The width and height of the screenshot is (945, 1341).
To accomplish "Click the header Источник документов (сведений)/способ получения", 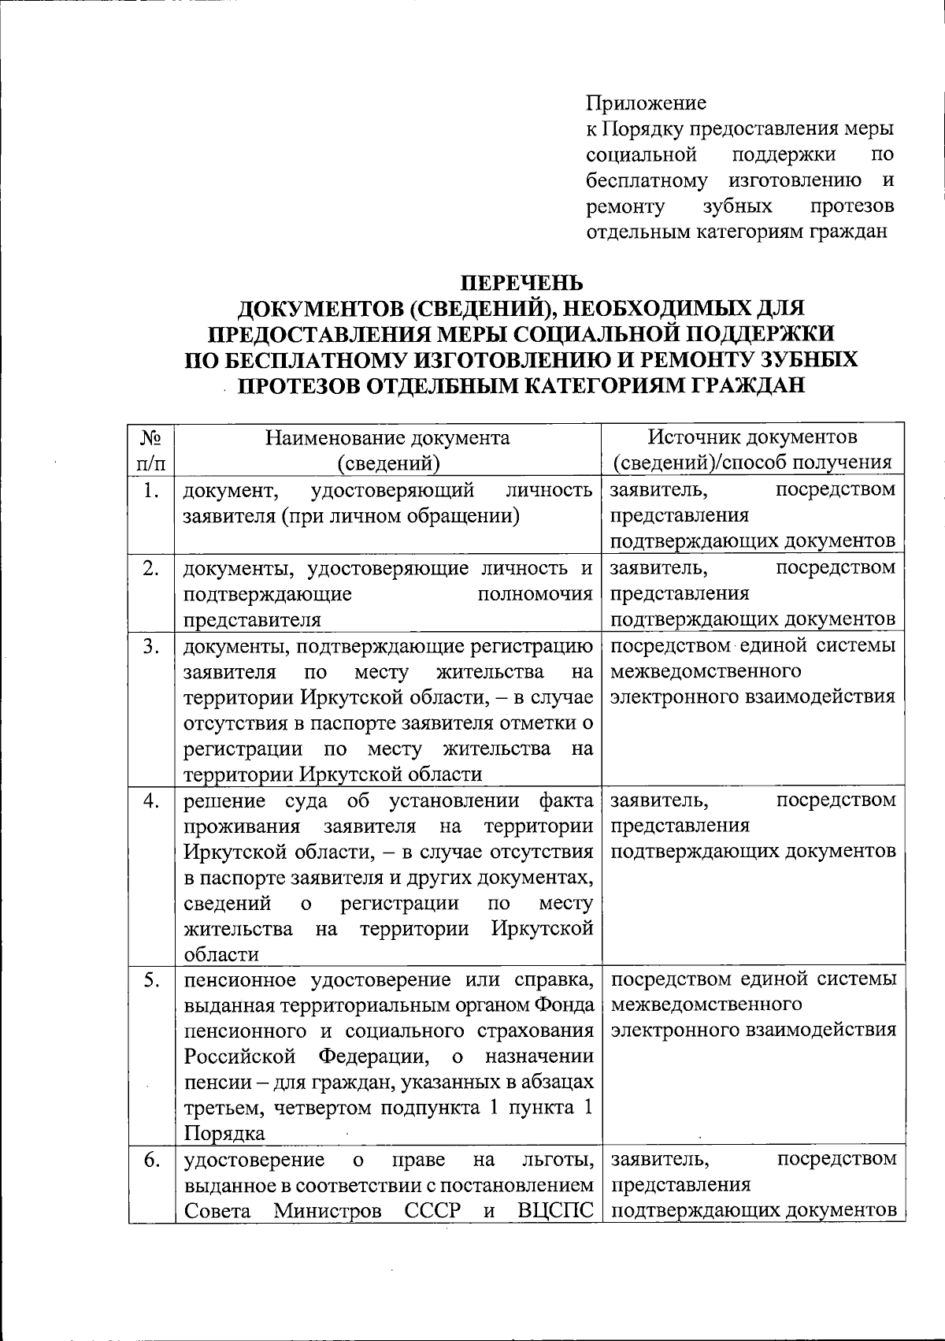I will (x=752, y=450).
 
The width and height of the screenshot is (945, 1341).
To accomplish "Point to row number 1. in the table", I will (x=151, y=491).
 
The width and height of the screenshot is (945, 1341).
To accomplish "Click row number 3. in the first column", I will (x=151, y=647).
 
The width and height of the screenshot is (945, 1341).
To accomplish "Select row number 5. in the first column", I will (x=151, y=980).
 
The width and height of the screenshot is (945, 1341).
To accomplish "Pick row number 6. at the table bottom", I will (x=151, y=1160).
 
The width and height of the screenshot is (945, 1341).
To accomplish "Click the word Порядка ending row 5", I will (x=224, y=1134).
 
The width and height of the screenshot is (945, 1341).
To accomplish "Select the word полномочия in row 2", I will (x=535, y=593).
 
